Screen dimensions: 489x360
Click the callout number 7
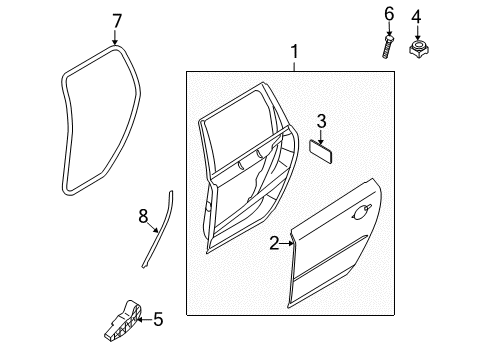click(x=116, y=21)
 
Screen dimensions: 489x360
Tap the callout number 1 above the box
click(x=294, y=52)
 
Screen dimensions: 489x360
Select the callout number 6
click(x=389, y=14)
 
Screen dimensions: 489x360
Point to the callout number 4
click(x=416, y=16)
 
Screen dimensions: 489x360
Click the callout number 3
click(x=321, y=121)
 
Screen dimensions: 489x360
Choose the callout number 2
click(x=274, y=243)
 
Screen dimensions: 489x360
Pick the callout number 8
click(x=143, y=216)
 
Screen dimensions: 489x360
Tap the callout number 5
click(x=158, y=319)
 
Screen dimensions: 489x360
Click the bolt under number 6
click(x=388, y=46)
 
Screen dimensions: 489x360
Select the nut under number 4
click(x=419, y=48)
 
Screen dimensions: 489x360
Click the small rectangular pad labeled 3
click(x=321, y=151)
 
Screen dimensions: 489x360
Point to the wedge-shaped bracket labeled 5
click(x=122, y=321)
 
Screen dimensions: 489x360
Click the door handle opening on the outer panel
click(x=361, y=212)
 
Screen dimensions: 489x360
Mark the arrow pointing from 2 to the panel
click(x=287, y=244)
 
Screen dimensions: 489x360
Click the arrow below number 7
click(x=115, y=37)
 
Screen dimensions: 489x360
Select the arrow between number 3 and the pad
click(x=321, y=137)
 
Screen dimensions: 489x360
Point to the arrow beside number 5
click(x=144, y=320)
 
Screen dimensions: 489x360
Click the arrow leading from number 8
click(x=153, y=227)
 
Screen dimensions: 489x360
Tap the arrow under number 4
click(x=417, y=33)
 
